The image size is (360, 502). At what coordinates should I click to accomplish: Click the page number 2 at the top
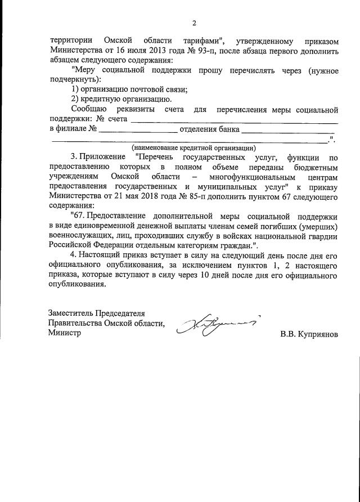click(x=193, y=23)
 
